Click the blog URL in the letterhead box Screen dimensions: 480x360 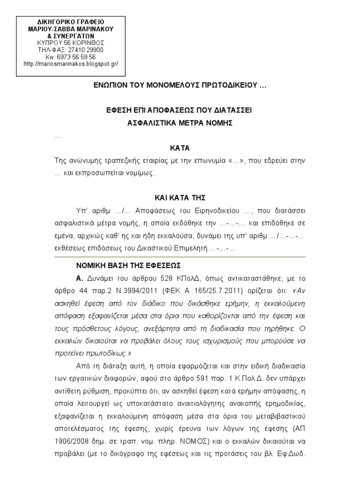70,64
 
